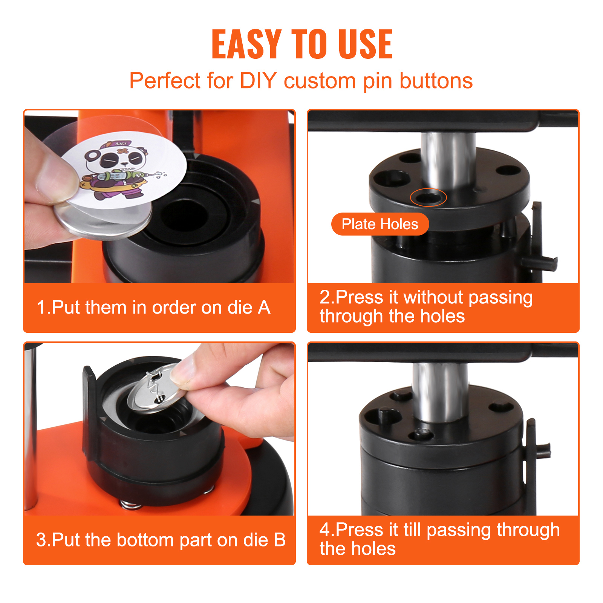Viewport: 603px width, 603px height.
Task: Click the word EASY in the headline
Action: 246,44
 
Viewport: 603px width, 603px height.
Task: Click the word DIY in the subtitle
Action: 259,81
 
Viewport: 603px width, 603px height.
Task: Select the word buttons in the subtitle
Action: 436,81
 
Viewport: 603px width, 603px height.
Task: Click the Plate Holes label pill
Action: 380,224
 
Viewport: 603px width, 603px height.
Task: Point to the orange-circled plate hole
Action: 428,197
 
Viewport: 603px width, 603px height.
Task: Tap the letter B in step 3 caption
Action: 280,540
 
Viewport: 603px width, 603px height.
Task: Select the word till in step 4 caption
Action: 412,530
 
